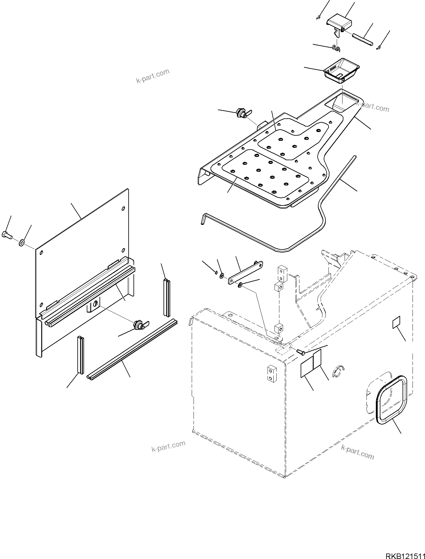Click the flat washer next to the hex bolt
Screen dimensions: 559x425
(22, 242)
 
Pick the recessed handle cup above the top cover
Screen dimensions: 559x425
(341, 70)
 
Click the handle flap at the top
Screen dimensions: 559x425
(340, 25)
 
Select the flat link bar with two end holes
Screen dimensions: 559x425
(245, 272)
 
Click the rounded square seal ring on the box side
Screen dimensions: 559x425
(391, 398)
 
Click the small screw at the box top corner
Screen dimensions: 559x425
(300, 352)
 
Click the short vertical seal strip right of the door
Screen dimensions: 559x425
(167, 297)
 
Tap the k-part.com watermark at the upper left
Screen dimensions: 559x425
(153, 76)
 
